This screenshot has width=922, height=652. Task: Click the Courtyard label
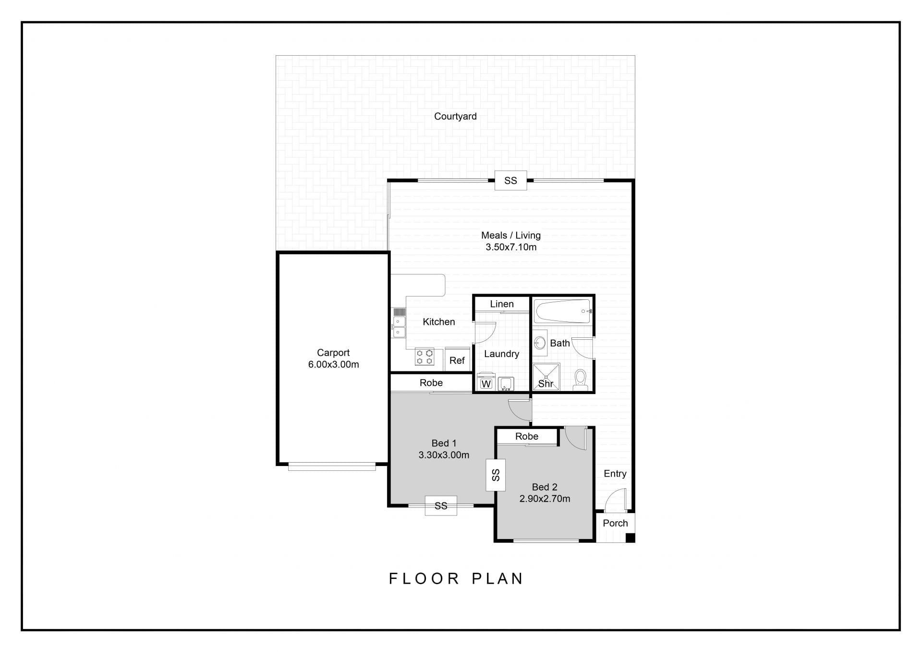pyautogui.click(x=455, y=116)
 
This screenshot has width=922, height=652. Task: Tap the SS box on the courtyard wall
pyautogui.click(x=511, y=181)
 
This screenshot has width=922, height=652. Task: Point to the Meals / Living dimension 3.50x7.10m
pyautogui.click(x=511, y=247)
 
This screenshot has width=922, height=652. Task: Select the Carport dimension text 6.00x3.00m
pyautogui.click(x=333, y=365)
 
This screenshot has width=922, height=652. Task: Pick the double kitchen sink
pyautogui.click(x=399, y=327)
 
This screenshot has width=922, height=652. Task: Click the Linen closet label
pyautogui.click(x=502, y=304)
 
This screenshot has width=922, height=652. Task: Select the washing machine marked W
pyautogui.click(x=486, y=382)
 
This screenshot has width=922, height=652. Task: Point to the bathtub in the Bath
pyautogui.click(x=562, y=311)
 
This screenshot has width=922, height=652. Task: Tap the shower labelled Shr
pyautogui.click(x=546, y=377)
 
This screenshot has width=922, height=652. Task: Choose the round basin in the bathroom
pyautogui.click(x=540, y=343)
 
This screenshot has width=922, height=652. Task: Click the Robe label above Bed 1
pyautogui.click(x=431, y=383)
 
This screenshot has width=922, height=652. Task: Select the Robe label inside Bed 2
pyautogui.click(x=527, y=436)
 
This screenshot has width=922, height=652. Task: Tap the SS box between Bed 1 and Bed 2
pyautogui.click(x=496, y=475)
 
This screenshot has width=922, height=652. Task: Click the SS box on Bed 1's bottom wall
pyautogui.click(x=441, y=505)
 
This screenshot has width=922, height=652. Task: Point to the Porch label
pyautogui.click(x=615, y=523)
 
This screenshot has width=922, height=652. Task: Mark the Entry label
pyautogui.click(x=615, y=474)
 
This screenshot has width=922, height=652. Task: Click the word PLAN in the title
pyautogui.click(x=497, y=578)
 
